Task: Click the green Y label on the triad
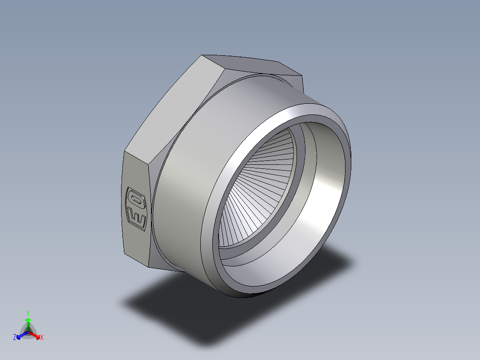click(28, 313)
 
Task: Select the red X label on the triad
click(42, 338)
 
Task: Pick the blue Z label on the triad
click(15, 338)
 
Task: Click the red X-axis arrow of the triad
click(36, 335)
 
